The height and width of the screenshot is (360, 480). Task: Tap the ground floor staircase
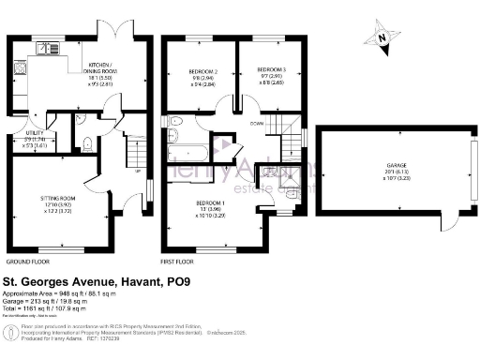(137, 150)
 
